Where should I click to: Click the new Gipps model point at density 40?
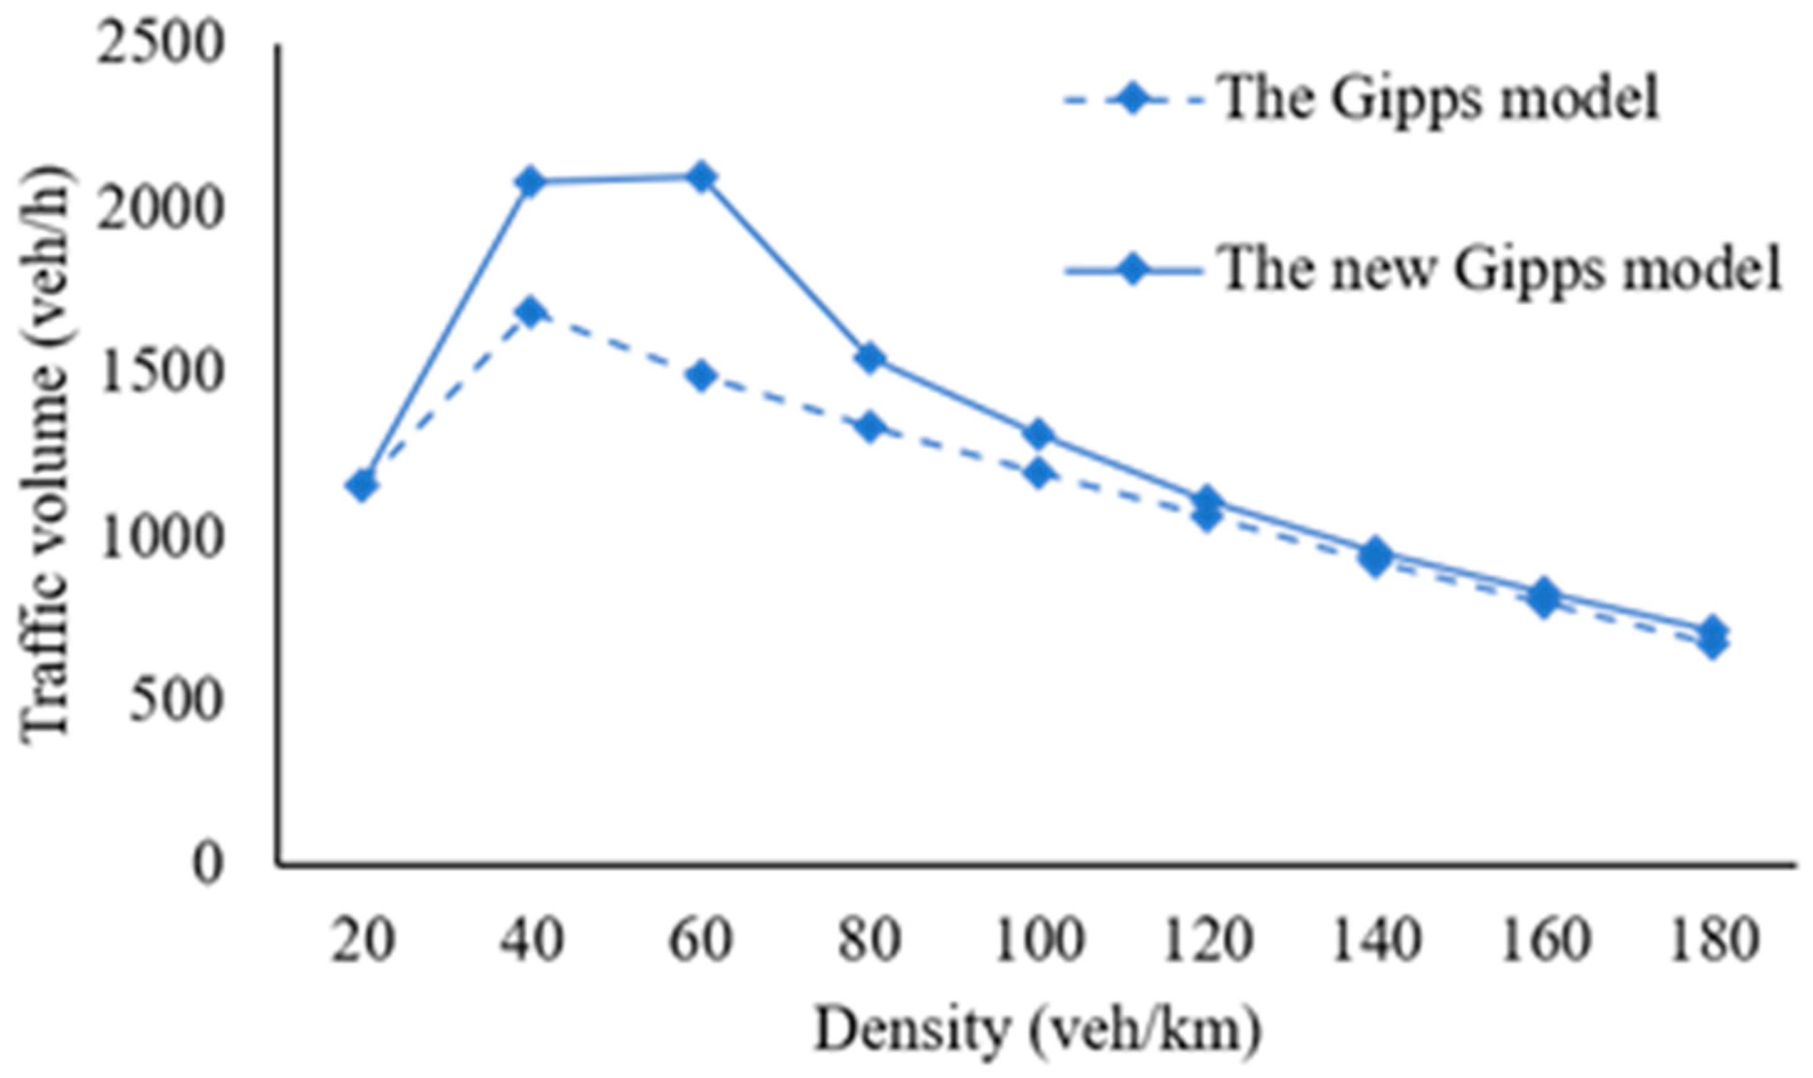pos(530,181)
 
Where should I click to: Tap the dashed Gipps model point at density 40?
pos(530,312)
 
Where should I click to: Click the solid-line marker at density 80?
pos(870,358)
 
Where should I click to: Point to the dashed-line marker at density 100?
pos(1038,474)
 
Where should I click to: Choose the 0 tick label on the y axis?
pos(207,865)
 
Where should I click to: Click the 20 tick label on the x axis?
pos(363,941)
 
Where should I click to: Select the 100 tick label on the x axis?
pos(1038,941)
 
